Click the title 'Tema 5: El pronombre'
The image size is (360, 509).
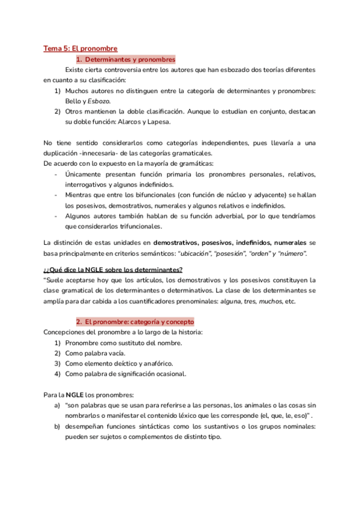(x=80, y=48)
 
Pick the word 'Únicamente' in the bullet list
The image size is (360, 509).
(x=84, y=175)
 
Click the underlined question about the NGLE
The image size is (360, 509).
(x=113, y=269)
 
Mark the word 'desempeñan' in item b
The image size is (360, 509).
(x=85, y=427)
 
